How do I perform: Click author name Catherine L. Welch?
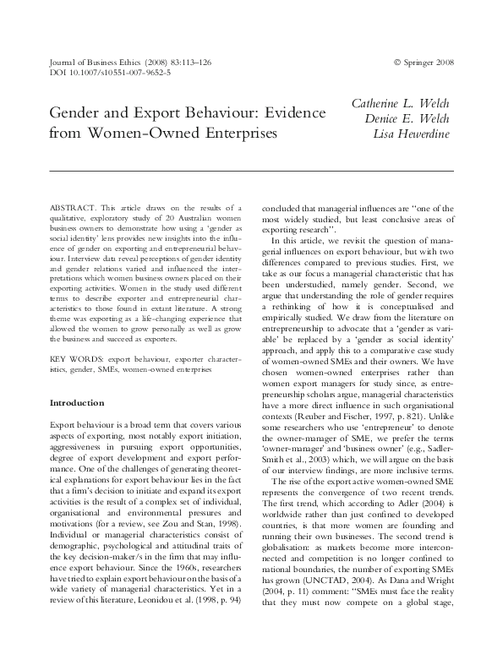point(401,103)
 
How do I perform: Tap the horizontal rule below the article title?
point(251,171)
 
